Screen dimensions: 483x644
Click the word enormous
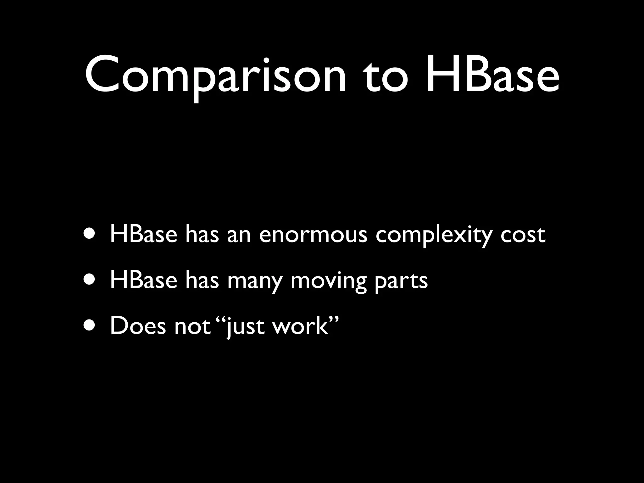(x=313, y=235)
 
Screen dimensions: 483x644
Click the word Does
(x=138, y=326)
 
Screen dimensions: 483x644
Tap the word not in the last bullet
(x=192, y=326)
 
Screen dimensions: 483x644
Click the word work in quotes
(x=300, y=326)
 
